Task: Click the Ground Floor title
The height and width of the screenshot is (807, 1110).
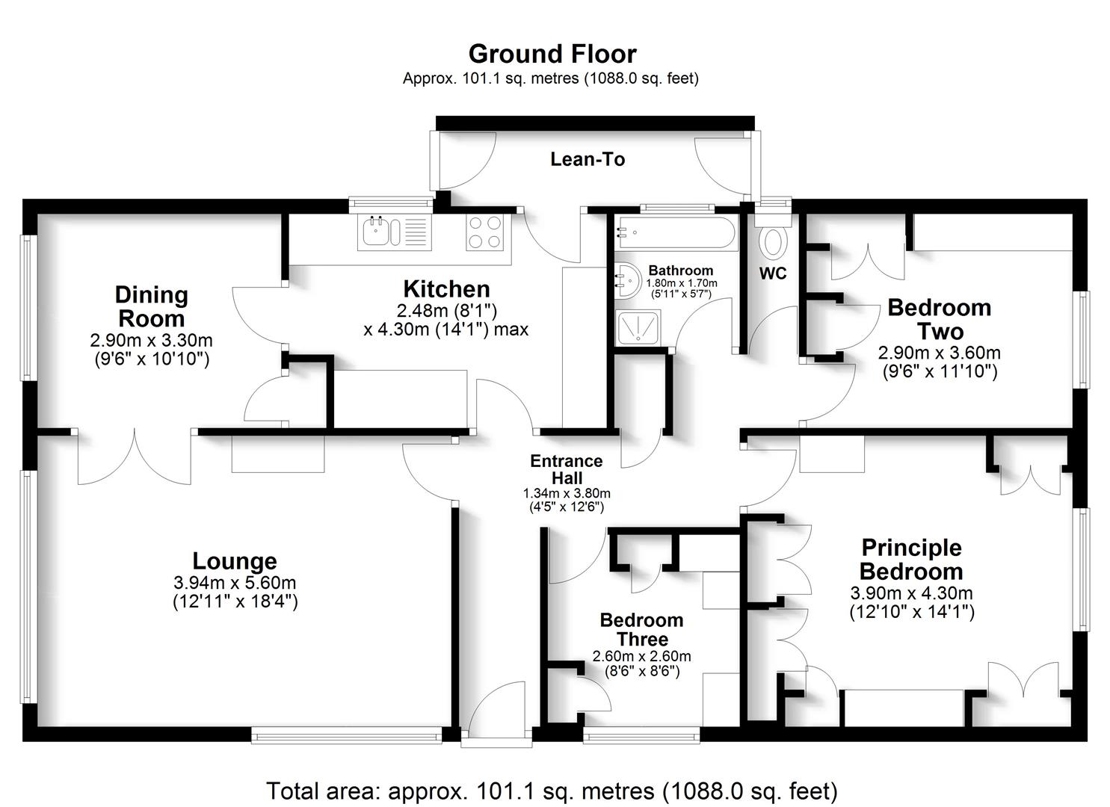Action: [552, 54]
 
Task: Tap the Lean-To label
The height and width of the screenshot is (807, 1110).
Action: [588, 159]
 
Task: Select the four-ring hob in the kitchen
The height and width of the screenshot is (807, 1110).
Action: [484, 232]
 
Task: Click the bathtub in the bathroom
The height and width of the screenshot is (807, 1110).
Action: [676, 233]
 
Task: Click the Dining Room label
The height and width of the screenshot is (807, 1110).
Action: [151, 306]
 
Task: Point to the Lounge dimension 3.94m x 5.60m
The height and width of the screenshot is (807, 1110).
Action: [235, 582]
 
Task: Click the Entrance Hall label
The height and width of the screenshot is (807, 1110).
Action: [567, 469]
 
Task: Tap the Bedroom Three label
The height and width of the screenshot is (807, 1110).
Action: [641, 629]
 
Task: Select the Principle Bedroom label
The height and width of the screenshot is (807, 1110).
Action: [911, 559]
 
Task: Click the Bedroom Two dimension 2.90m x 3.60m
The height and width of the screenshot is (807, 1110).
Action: [939, 353]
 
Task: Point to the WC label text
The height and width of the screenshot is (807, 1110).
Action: [773, 273]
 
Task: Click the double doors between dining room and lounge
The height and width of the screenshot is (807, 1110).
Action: [135, 457]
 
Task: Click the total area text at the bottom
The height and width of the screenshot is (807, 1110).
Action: [552, 790]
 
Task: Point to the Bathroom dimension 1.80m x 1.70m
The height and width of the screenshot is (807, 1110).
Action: [681, 283]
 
